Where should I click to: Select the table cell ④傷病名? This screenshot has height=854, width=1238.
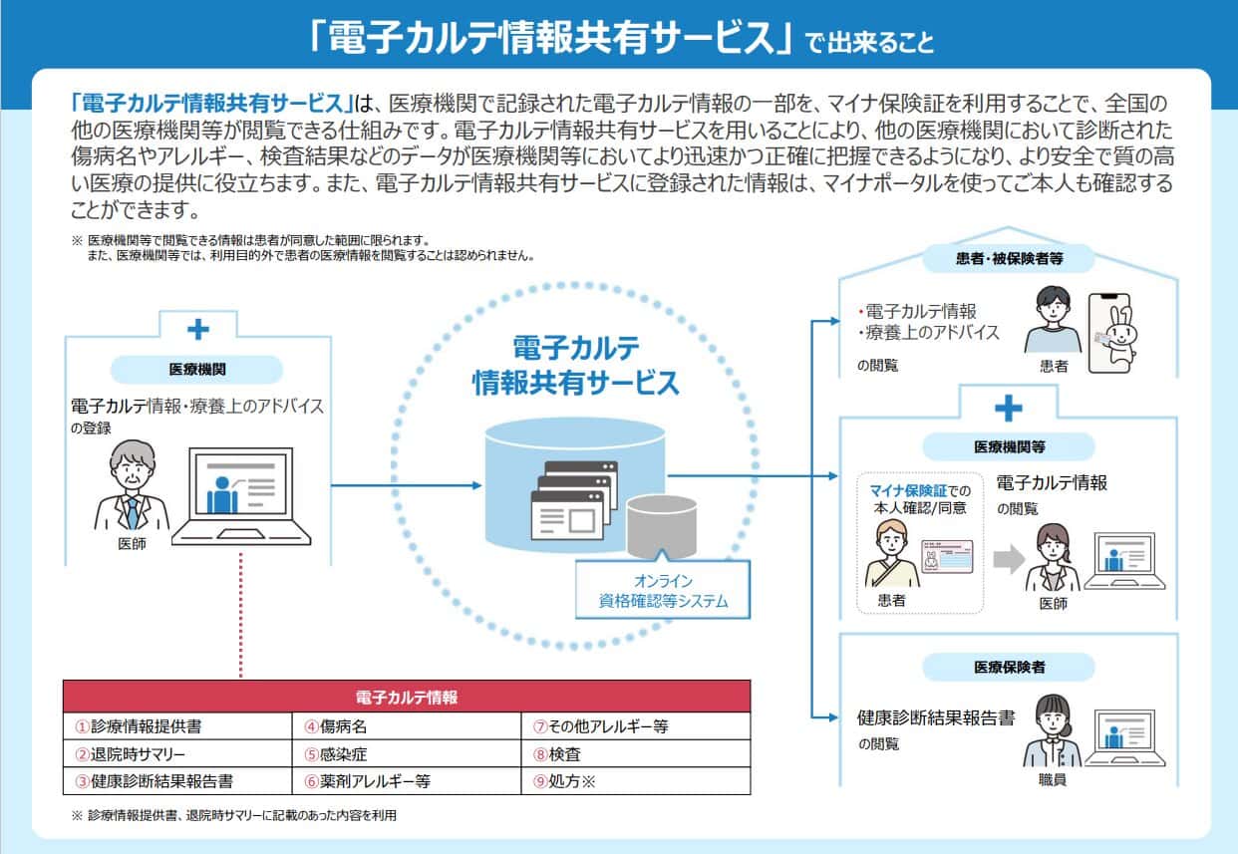pyautogui.click(x=407, y=726)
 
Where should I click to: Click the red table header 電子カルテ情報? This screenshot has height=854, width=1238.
pyautogui.click(x=407, y=697)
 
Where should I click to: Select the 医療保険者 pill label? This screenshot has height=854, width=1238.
pyautogui.click(x=1009, y=667)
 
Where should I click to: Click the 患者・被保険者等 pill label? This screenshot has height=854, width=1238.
pyautogui.click(x=1009, y=260)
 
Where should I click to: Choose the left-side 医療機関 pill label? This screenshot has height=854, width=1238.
pyautogui.click(x=196, y=369)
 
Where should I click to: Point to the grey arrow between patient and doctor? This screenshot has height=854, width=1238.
pyautogui.click(x=1009, y=560)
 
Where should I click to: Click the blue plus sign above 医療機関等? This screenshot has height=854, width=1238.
pyautogui.click(x=1009, y=408)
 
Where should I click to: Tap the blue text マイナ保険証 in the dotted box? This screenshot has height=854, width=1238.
pyautogui.click(x=904, y=488)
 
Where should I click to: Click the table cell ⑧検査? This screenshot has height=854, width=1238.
pyautogui.click(x=636, y=754)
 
